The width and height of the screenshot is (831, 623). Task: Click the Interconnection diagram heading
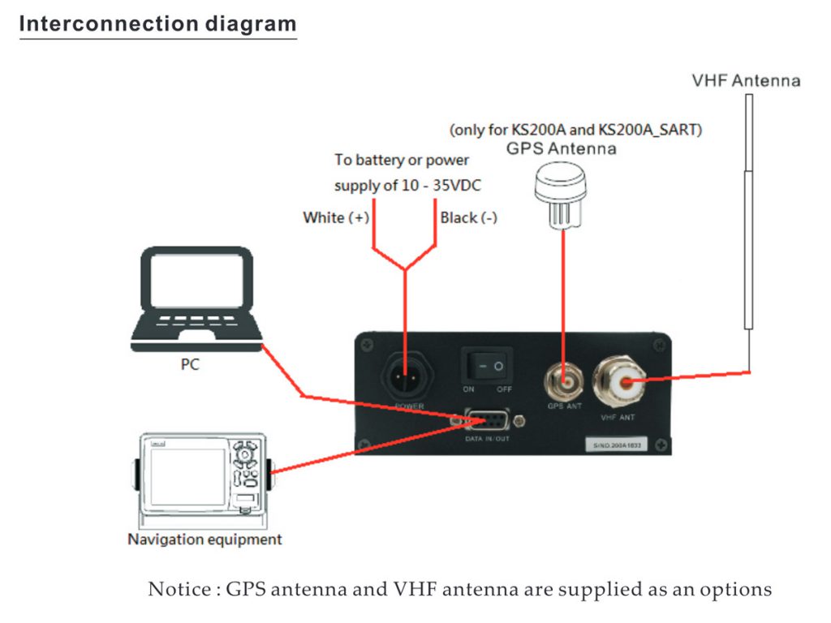[x=157, y=24]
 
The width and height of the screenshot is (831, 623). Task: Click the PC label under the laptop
[x=189, y=365]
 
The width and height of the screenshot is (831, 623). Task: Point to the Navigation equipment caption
[x=205, y=539]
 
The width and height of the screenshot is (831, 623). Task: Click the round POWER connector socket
[x=409, y=374]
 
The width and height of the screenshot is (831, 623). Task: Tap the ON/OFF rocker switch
[x=490, y=367]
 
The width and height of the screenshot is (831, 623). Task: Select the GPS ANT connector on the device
[x=564, y=378]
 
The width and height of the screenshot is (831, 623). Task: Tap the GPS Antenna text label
[x=561, y=148]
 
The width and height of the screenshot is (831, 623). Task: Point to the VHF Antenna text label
[x=746, y=80]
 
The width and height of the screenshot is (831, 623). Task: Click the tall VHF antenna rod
[x=748, y=211]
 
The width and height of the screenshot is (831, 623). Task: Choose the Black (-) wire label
[x=468, y=217]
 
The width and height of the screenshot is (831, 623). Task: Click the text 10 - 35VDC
[x=443, y=186]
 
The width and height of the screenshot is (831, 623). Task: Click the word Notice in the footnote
[x=177, y=589]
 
